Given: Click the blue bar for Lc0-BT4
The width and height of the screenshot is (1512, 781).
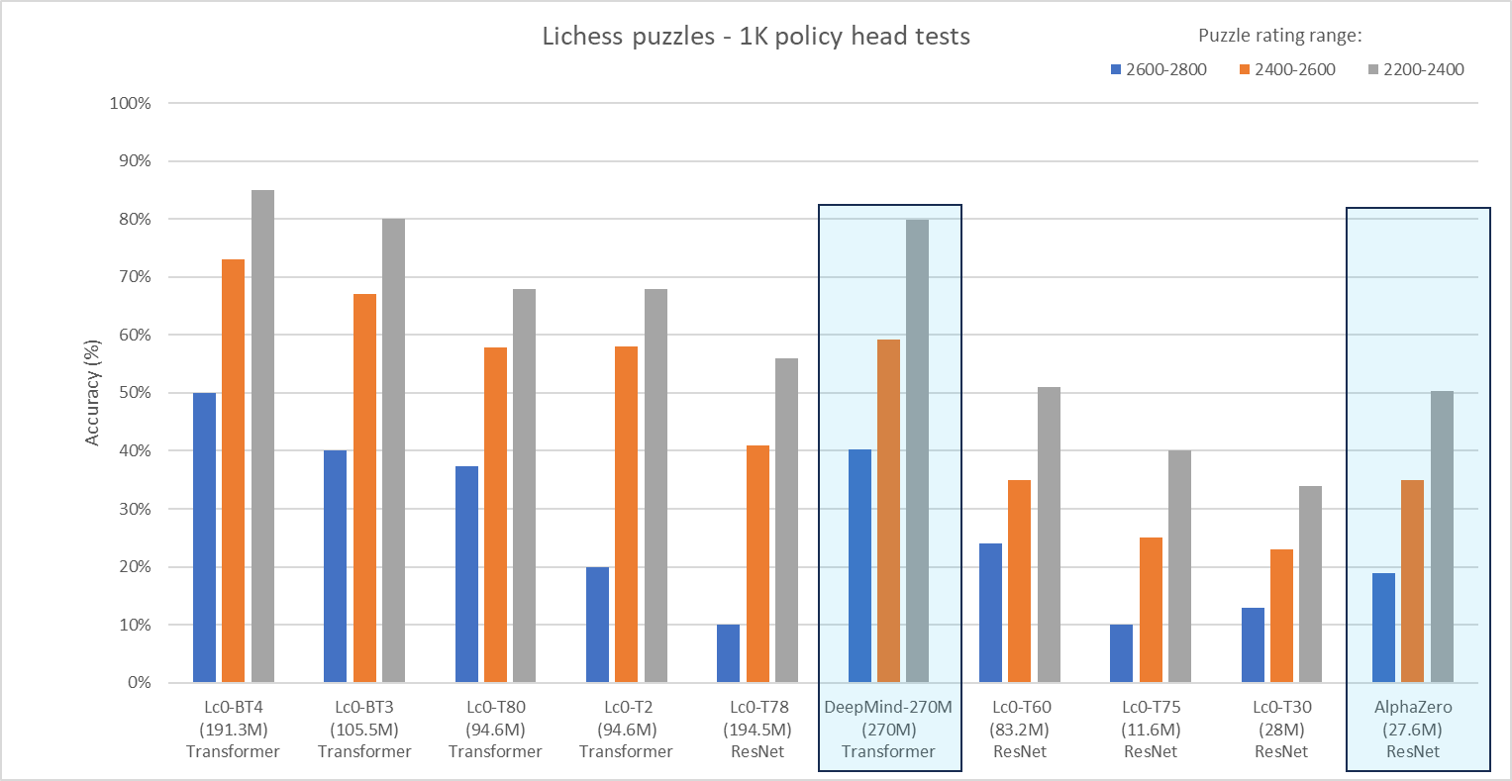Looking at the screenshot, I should (x=204, y=537).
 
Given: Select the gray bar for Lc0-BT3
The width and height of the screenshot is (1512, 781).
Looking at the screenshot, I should (x=393, y=450).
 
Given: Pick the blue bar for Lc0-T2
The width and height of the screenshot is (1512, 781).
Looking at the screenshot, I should (x=597, y=625).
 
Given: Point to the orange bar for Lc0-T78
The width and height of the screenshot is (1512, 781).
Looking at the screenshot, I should (x=757, y=564).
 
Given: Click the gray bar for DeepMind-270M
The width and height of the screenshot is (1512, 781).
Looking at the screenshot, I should (x=918, y=450).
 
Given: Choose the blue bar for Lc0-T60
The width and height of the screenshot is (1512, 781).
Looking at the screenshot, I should (x=990, y=613).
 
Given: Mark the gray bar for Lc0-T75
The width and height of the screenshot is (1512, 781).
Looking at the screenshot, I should (x=1179, y=566).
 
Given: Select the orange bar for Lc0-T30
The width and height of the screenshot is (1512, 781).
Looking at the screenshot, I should (x=1281, y=616).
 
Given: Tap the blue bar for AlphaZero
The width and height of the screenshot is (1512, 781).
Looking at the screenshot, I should (x=1383, y=628).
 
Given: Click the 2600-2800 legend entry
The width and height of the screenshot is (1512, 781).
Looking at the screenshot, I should (x=1159, y=69).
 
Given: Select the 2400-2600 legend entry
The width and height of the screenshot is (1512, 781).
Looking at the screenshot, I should (x=1287, y=69).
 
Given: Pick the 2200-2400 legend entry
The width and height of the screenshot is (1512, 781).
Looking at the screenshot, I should (x=1416, y=69).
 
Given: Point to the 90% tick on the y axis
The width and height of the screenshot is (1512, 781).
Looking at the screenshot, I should (x=132, y=161).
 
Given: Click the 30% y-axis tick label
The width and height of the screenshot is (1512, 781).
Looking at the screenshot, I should (x=132, y=509).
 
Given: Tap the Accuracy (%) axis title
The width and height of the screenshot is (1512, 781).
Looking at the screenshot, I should (x=93, y=393).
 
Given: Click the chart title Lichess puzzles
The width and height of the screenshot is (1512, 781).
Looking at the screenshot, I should (x=756, y=37).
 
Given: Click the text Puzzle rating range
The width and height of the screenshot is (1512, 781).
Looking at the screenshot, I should (x=1279, y=36).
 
